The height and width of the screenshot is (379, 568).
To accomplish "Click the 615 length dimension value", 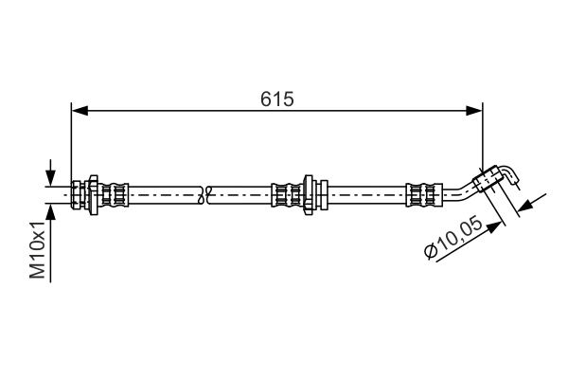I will coord(277,99).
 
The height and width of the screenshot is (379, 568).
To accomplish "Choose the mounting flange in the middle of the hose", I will coord(308,193).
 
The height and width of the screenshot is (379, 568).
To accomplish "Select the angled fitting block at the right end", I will coord(489,178).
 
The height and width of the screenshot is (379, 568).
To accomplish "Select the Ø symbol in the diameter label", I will coord(432,251).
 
